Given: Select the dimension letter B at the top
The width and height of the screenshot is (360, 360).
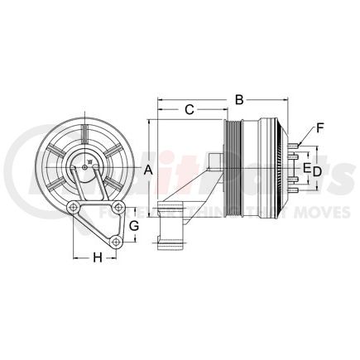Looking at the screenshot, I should point(239,100).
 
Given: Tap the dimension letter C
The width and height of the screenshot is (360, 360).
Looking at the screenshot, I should point(190,109).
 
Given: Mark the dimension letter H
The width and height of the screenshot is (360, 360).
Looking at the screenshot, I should point(97,257).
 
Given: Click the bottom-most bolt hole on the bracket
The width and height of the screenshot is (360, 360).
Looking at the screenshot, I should point(118,241).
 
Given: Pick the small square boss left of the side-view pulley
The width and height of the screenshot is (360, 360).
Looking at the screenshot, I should point(214,160).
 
